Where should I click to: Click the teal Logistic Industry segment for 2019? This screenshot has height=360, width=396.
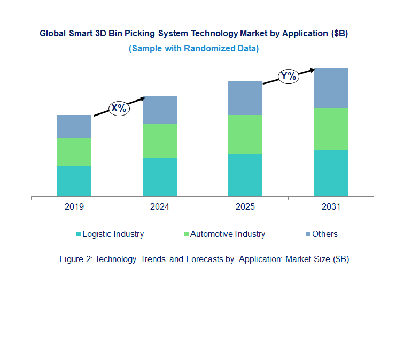(x=74, y=181)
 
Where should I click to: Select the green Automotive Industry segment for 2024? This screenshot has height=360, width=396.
(x=159, y=141)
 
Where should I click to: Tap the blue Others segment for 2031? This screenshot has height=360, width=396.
(x=331, y=88)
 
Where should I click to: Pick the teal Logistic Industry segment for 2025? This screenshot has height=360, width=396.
(x=245, y=175)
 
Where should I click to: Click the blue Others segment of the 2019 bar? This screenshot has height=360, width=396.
(x=74, y=126)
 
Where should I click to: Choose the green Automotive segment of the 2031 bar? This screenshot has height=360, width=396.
(x=331, y=129)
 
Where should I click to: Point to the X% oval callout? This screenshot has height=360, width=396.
(x=119, y=108)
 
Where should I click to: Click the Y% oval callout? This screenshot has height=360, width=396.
(x=288, y=76)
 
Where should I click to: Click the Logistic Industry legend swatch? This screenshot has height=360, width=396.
(x=79, y=234)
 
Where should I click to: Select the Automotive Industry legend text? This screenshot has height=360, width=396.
(x=228, y=234)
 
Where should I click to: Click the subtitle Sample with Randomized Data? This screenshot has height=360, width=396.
(x=193, y=48)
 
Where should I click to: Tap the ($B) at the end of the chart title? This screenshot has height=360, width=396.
(x=339, y=33)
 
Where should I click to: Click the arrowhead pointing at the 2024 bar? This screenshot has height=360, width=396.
(x=143, y=98)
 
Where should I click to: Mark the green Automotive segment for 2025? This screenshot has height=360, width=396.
(x=245, y=134)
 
